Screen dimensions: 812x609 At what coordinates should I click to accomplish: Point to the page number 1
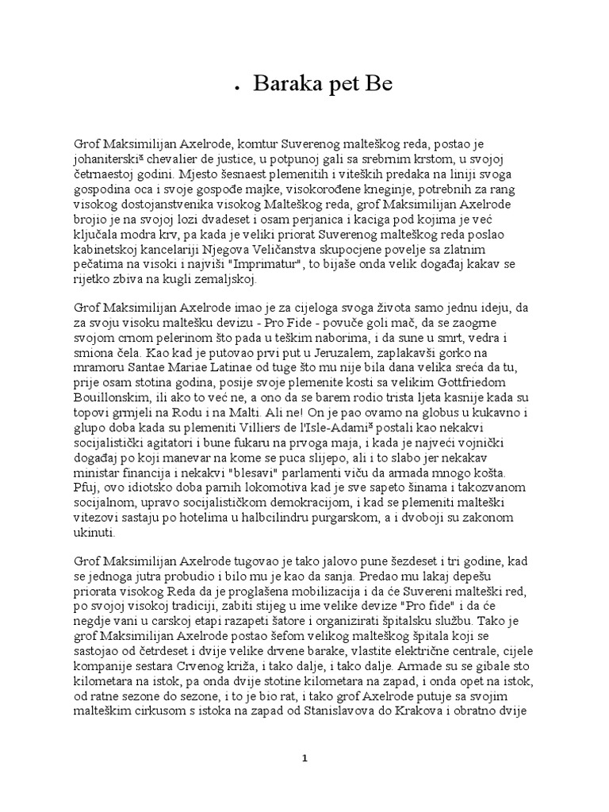pyautogui.click(x=304, y=757)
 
